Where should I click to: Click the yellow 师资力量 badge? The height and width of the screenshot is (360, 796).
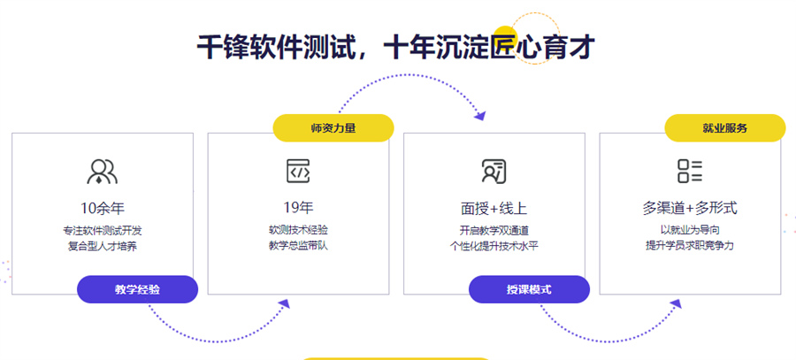pyautogui.click(x=333, y=128)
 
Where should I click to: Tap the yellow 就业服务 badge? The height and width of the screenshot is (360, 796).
pyautogui.click(x=725, y=128)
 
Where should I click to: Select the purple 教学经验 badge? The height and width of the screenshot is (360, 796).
pyautogui.click(x=137, y=289)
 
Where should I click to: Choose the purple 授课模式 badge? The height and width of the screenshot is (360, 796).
pyautogui.click(x=529, y=289)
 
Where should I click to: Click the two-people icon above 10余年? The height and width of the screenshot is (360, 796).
pyautogui.click(x=102, y=171)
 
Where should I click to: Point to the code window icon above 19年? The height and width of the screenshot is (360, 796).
pyautogui.click(x=298, y=171)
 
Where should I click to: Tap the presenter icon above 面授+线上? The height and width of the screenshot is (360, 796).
pyautogui.click(x=494, y=171)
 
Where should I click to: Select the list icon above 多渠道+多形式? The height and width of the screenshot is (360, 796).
pyautogui.click(x=690, y=171)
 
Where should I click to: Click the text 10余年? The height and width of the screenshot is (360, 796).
pyautogui.click(x=102, y=208)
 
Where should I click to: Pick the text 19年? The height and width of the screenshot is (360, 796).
pyautogui.click(x=299, y=208)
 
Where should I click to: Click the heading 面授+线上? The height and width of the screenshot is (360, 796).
pyautogui.click(x=494, y=208)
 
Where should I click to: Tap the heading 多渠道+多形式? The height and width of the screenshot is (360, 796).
pyautogui.click(x=690, y=208)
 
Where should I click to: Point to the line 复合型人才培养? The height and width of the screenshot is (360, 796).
pyautogui.click(x=102, y=248)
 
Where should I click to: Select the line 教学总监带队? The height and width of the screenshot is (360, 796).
pyautogui.click(x=299, y=246)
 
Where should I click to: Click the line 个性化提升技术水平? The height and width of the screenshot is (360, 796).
pyautogui.click(x=494, y=247)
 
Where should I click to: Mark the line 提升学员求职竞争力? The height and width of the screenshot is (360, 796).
pyautogui.click(x=690, y=246)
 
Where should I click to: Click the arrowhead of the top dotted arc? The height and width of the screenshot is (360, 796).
pyautogui.click(x=479, y=115)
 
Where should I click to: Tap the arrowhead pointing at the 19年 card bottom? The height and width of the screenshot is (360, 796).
pyautogui.click(x=284, y=303)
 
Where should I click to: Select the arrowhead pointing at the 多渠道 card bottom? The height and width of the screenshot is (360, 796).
pyautogui.click(x=676, y=303)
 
